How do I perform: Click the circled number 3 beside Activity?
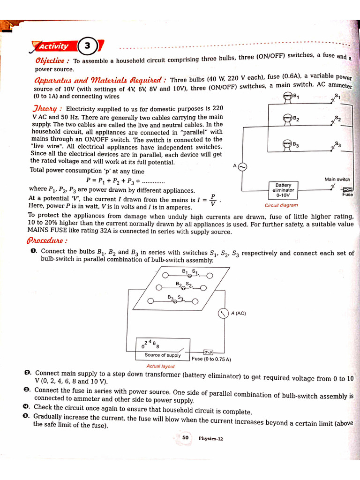pyautogui.click(x=88, y=46)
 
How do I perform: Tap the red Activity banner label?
pyautogui.click(x=54, y=46)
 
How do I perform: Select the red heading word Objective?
pyautogui.click(x=52, y=61)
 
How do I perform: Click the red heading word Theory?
pyautogui.click(x=47, y=109)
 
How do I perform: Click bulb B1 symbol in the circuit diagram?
pyautogui.click(x=287, y=97)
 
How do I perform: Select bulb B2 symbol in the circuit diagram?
pyautogui.click(x=287, y=120)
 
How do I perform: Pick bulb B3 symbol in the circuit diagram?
pyautogui.click(x=287, y=145)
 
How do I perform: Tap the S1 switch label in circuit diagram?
pyautogui.click(x=337, y=96)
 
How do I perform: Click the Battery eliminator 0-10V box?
pyautogui.click(x=283, y=190)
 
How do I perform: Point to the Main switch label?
pyautogui.click(x=337, y=180)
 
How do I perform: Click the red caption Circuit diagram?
pyautogui.click(x=281, y=205)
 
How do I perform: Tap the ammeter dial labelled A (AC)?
pyautogui.click(x=223, y=313)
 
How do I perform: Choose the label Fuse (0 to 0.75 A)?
pyautogui.click(x=211, y=359)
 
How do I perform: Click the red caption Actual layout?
pyautogui.click(x=160, y=366)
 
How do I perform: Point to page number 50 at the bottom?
pyautogui.click(x=186, y=438)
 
